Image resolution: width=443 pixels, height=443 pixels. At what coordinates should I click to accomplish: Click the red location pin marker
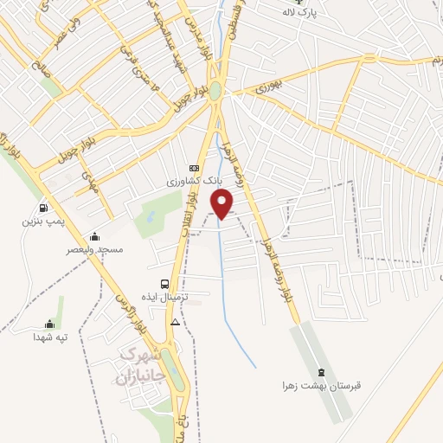click(224, 204)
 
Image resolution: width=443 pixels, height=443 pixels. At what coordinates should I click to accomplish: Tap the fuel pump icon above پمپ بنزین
click(42, 208)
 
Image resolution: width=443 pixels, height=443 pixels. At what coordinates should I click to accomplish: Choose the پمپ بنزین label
click(42, 221)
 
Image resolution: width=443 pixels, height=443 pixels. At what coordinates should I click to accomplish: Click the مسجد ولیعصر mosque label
click(94, 249)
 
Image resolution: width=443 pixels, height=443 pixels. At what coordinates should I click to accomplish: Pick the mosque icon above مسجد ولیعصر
click(94, 236)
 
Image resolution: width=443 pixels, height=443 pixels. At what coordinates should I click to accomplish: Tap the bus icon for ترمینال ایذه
click(164, 283)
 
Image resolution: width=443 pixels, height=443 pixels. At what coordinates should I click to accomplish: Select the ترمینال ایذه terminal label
click(164, 297)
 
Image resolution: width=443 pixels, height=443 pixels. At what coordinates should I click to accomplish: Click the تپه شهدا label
click(49, 336)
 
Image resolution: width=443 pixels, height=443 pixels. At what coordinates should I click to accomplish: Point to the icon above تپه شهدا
click(49, 324)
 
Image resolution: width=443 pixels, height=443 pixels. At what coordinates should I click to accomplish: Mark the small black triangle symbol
click(176, 322)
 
